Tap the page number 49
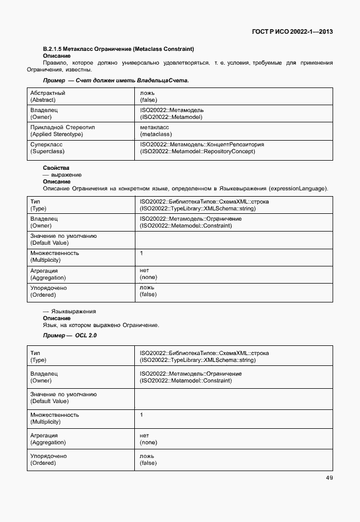[329, 478]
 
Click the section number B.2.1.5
[55, 49]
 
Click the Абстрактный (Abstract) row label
[47, 96]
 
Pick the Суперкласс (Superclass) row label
[47, 148]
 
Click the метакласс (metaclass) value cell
[156, 131]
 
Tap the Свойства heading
[53, 168]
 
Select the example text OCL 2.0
[86, 335]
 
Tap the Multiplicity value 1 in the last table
[142, 415]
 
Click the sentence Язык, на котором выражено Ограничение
[101, 325]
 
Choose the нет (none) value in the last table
[148, 439]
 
